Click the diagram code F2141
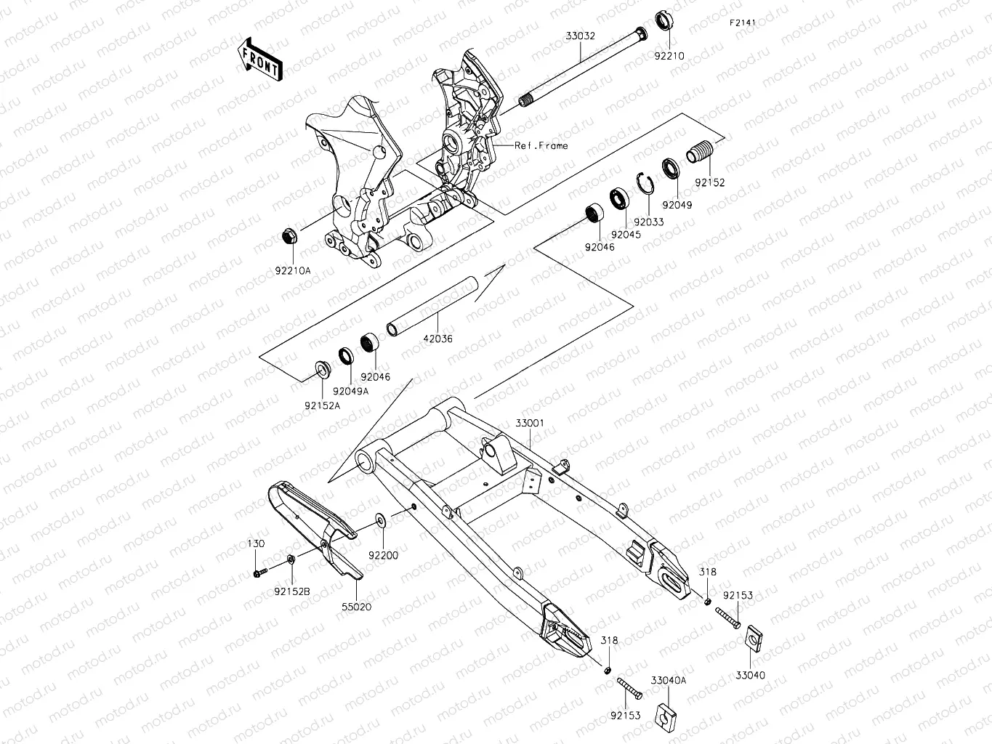pos(743,23)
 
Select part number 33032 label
pos(581,35)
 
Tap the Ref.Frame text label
pos(541,145)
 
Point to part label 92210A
pos(293,270)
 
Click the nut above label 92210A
pos(289,236)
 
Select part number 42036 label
pos(437,339)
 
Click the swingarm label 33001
pos(530,423)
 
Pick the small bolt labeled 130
pos(259,574)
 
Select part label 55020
pos(356,607)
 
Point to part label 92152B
pos(292,591)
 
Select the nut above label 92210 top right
pos(664,20)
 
